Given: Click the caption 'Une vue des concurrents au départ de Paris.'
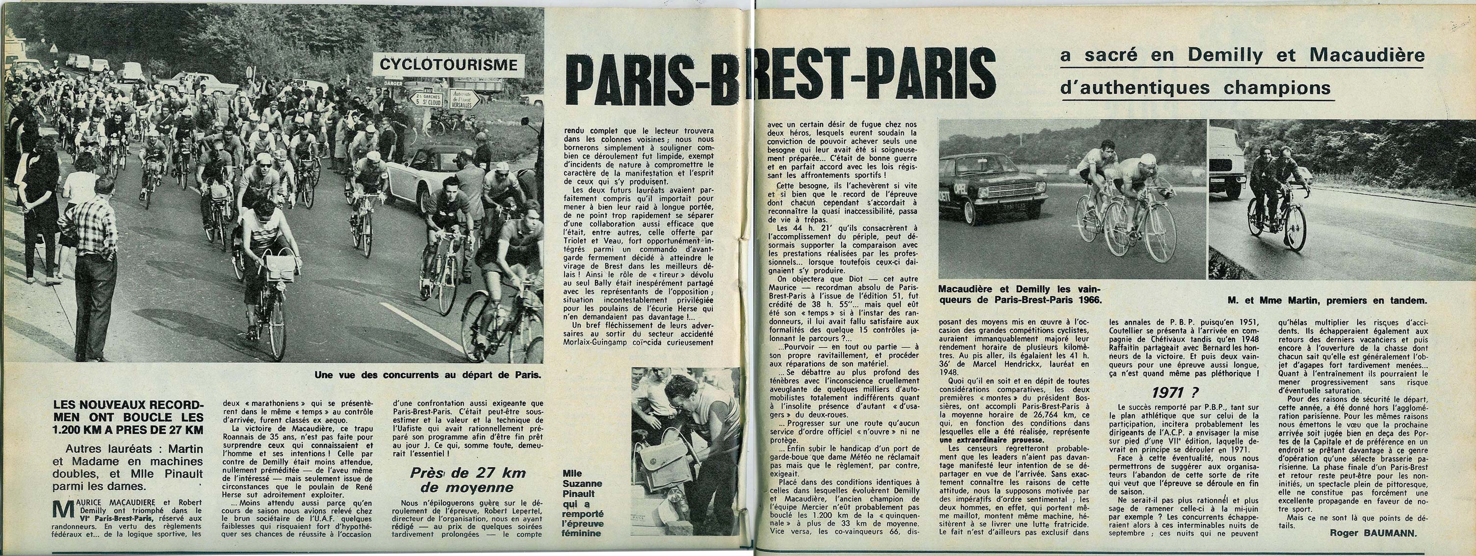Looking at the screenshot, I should pos(427,376).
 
